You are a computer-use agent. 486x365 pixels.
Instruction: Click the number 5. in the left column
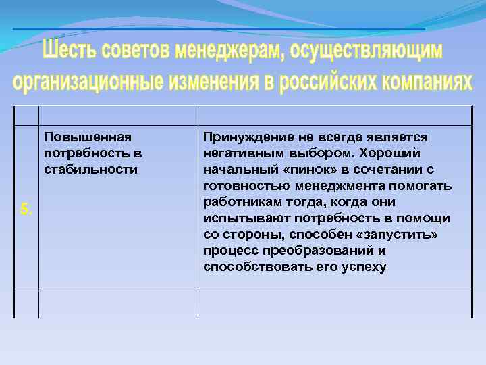tap(26, 209)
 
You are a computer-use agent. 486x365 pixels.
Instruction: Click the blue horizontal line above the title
tap(219, 29)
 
